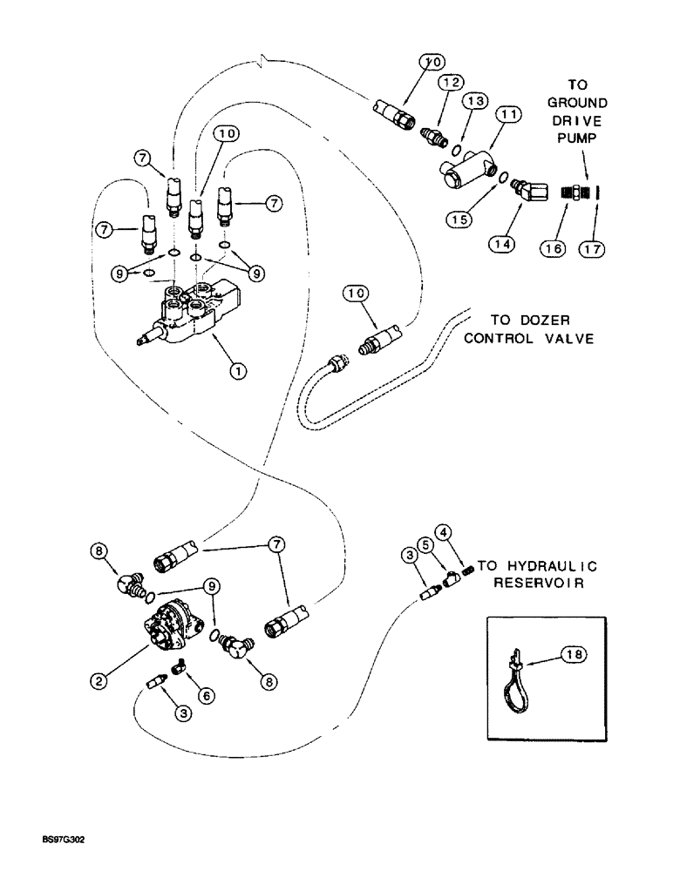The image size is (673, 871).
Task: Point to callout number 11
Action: [509, 115]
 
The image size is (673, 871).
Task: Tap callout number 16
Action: [554, 248]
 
